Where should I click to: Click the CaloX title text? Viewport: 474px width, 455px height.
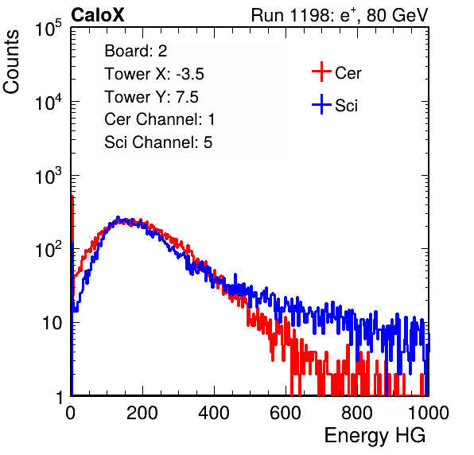pyautogui.click(x=97, y=15)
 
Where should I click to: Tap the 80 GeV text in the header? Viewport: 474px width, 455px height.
pyautogui.click(x=397, y=15)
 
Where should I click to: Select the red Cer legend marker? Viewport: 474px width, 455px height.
pyautogui.click(x=321, y=72)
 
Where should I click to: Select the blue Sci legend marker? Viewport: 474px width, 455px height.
pyautogui.click(x=321, y=105)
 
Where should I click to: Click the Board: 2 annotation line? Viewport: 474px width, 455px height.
pyautogui.click(x=136, y=51)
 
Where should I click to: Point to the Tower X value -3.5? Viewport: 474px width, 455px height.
pyautogui.click(x=190, y=74)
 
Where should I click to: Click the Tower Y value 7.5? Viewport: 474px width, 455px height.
pyautogui.click(x=187, y=97)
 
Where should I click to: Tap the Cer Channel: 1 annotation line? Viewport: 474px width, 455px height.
pyautogui.click(x=160, y=119)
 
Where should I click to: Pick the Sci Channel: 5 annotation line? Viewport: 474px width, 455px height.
pyautogui.click(x=158, y=142)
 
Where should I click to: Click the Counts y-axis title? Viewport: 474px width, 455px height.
pyautogui.click(x=11, y=62)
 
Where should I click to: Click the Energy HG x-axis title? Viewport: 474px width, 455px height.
pyautogui.click(x=375, y=436)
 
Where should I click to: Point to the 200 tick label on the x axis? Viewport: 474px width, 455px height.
pyautogui.click(x=142, y=413)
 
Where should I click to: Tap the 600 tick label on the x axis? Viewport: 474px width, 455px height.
pyautogui.click(x=286, y=413)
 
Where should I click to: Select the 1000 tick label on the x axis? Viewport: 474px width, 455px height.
pyautogui.click(x=429, y=413)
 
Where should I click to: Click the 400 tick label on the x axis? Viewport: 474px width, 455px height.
pyautogui.click(x=214, y=413)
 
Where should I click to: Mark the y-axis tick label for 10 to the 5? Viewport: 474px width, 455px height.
pyautogui.click(x=49, y=28)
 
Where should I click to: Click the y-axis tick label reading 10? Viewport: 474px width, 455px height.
pyautogui.click(x=52, y=323)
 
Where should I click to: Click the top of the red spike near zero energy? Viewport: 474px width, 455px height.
pyautogui.click(x=72, y=196)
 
